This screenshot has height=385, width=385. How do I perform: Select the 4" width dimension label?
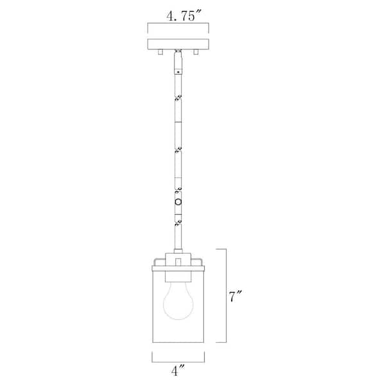[x=177, y=370]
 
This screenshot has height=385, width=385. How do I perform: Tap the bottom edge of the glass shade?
[x=177, y=341]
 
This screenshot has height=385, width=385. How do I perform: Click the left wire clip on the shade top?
[x=156, y=261]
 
